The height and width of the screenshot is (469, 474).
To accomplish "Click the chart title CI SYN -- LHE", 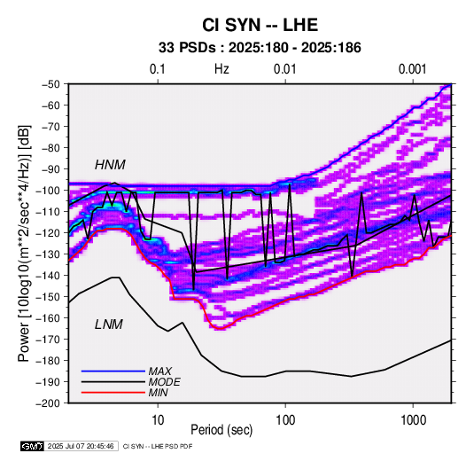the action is point(260,25).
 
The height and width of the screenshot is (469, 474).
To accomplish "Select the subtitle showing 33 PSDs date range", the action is point(260,48).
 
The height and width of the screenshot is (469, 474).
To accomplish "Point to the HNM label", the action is point(110,165).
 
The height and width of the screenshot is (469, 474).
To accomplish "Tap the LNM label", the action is point(109,324).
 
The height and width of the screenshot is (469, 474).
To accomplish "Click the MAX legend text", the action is point(159,371).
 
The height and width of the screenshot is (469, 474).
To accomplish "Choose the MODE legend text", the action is point(165,382).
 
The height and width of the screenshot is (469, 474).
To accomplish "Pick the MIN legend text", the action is point(158,393).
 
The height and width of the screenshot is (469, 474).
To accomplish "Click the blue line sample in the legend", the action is point(113,371).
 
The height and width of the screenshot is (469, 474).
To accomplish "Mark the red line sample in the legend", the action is point(113,393).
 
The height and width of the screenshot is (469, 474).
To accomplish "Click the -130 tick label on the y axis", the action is point(48,254).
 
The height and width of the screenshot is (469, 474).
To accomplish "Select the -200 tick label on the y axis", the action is point(48,403).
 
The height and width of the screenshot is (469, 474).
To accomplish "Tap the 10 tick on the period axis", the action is point(158,420).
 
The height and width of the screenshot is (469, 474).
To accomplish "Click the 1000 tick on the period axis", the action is point(413,420).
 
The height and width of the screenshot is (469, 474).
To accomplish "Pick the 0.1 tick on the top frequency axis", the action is point(158,69).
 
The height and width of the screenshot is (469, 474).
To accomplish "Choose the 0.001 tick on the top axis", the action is point(412,69).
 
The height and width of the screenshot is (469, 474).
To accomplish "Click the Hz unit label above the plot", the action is point(221,69).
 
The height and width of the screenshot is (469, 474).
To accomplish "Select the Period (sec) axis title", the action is point(221,430).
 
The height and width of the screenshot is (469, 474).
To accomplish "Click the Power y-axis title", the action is point(24,243).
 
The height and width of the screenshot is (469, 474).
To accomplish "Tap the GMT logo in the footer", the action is point(32,446).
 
